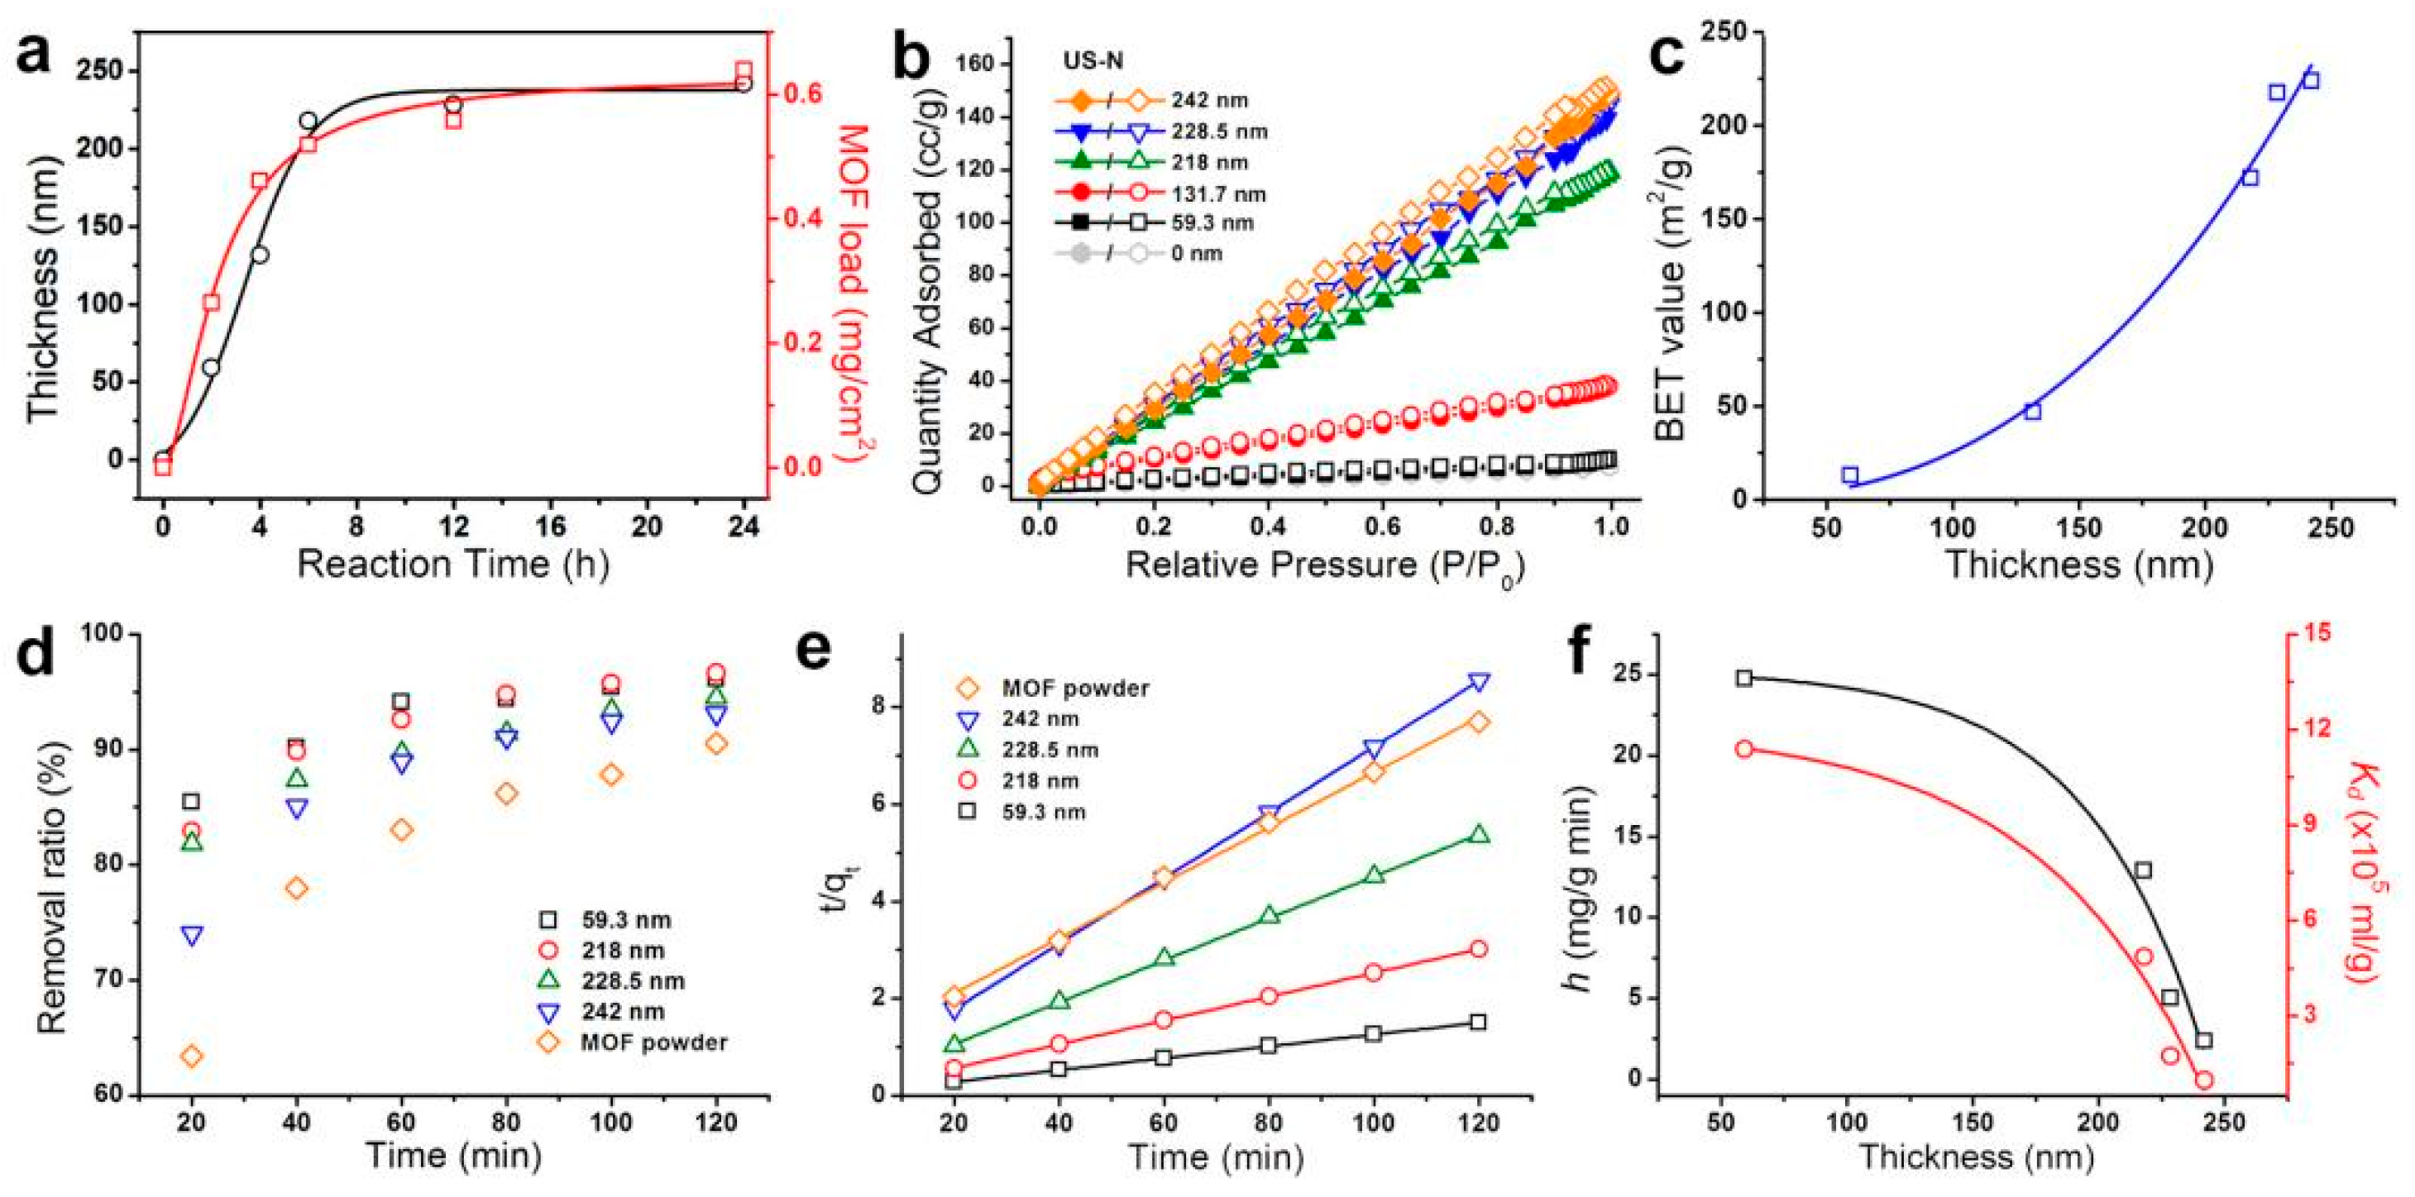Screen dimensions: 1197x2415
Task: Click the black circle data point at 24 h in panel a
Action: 744,83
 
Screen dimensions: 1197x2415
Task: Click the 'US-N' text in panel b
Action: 1093,61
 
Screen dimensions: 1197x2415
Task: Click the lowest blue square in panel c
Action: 1849,475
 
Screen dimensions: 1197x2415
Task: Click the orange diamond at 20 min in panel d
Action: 191,1056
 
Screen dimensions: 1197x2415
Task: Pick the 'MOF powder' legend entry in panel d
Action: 653,1042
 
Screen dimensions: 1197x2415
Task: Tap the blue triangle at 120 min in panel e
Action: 1479,682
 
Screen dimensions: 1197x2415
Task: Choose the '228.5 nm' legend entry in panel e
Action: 1050,750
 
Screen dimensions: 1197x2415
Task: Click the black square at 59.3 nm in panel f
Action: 1743,678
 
